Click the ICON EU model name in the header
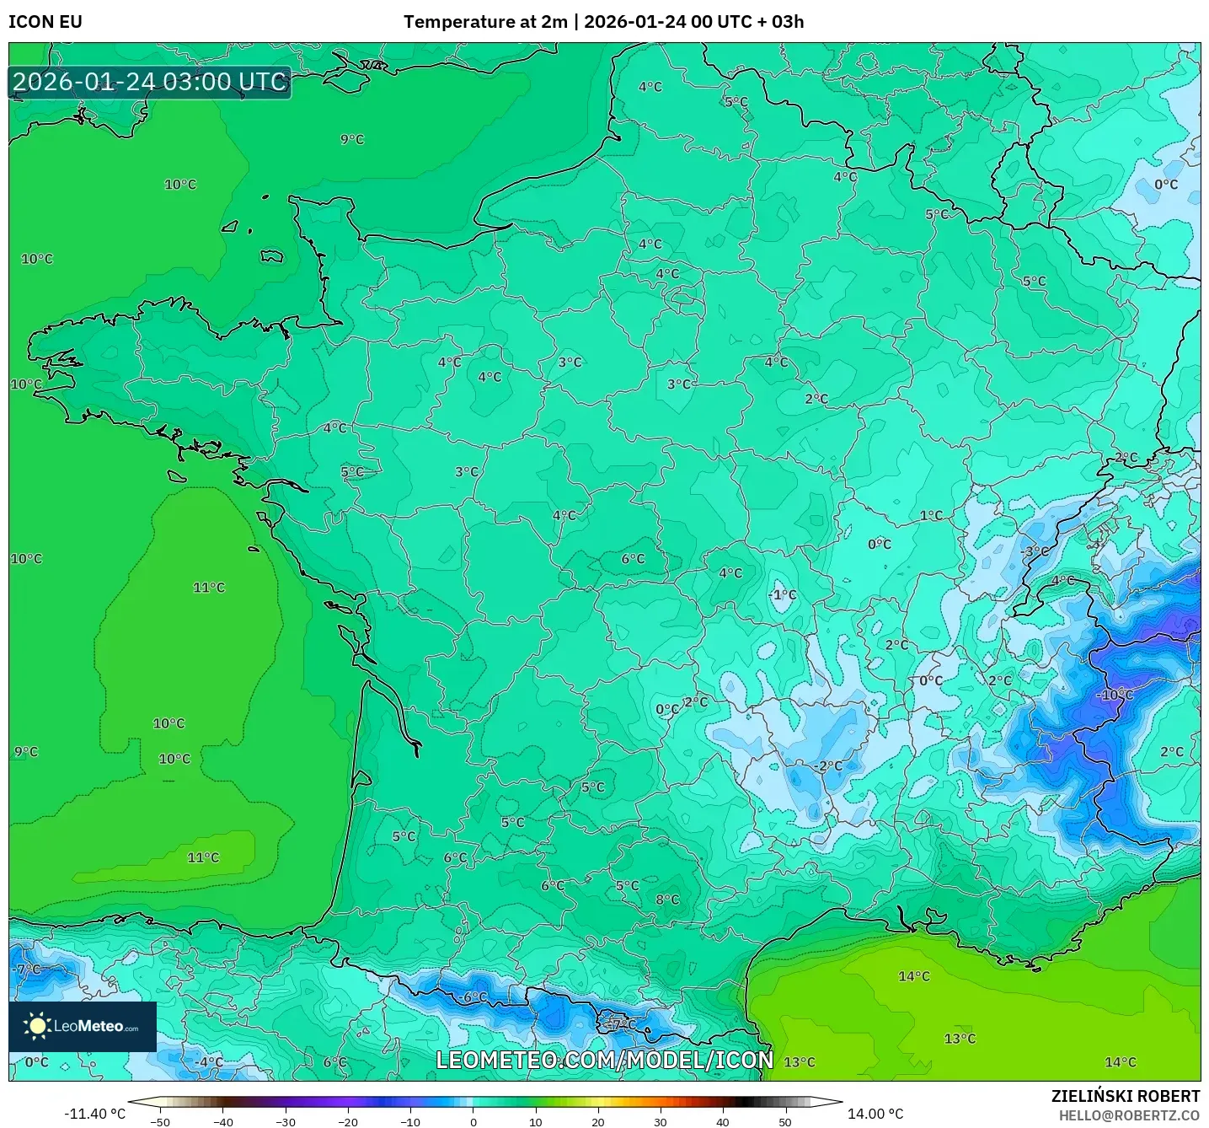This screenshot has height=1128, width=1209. point(45,22)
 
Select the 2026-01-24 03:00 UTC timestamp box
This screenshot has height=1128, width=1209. point(150,83)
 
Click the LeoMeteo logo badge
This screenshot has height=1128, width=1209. point(83,1026)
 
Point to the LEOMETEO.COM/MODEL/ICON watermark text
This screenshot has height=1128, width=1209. point(604,1060)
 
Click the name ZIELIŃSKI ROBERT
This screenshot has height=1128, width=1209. point(1125,1096)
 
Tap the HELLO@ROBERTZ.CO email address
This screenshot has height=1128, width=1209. point(1129,1115)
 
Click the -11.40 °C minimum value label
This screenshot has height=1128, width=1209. point(94,1114)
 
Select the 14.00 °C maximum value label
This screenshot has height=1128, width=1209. point(875,1114)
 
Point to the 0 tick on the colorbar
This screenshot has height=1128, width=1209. point(473,1121)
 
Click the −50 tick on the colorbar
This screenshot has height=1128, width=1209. point(160,1121)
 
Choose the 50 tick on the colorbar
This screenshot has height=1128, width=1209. point(785,1121)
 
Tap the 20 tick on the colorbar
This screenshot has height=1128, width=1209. point(598,1121)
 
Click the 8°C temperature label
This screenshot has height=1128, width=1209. point(667,900)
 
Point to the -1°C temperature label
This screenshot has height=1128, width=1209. point(782,594)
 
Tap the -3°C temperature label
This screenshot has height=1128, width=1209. point(1035,551)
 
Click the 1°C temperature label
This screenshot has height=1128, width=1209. point(931,515)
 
